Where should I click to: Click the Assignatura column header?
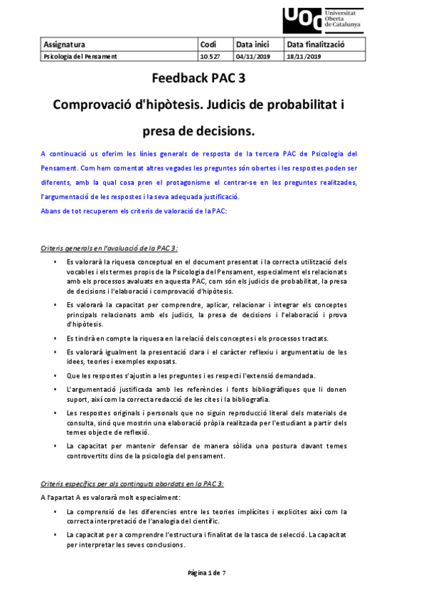pos(65,44)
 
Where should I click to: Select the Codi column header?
pos(208,44)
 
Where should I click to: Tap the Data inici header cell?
pos(253,44)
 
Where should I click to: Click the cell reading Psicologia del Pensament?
pos(80,56)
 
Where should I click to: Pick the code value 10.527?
pos(210,56)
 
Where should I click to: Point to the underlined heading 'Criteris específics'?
pos(132,483)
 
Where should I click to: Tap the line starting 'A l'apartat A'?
pos(110,496)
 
